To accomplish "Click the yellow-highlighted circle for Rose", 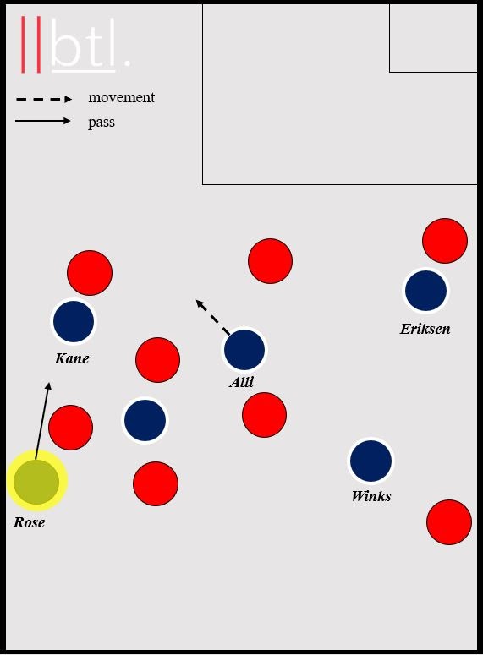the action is [x=36, y=481].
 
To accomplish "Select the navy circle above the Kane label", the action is [x=74, y=321].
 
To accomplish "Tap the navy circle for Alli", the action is [x=244, y=350].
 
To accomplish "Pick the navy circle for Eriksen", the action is [x=425, y=291].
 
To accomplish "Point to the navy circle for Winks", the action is [x=371, y=461].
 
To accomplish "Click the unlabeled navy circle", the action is [x=145, y=420].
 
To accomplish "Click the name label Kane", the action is [x=72, y=358].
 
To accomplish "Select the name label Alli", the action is [x=241, y=382].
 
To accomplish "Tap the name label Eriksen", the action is [x=425, y=329].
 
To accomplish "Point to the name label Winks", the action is [x=371, y=496].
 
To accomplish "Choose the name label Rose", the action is [x=29, y=522].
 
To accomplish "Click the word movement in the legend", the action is [x=121, y=97].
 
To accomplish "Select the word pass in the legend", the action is [x=102, y=123].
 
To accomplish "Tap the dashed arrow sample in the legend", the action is [x=44, y=99].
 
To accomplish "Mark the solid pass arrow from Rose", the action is [x=42, y=421].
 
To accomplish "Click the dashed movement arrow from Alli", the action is [x=213, y=317].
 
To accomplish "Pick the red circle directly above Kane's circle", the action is [x=90, y=273].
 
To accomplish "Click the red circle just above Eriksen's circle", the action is [x=445, y=241].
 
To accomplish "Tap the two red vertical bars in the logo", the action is [x=31, y=44].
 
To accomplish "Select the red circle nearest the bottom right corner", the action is [x=448, y=522].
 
